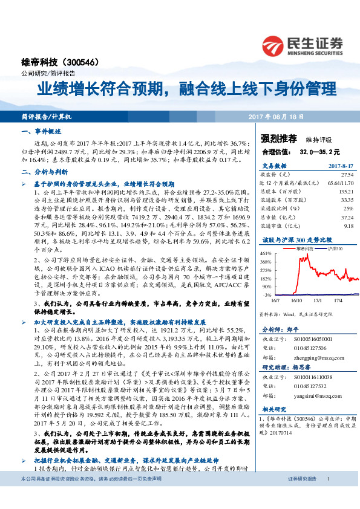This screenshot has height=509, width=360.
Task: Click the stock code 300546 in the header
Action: point(89,63)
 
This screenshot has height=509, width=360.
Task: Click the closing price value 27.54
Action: point(347,173)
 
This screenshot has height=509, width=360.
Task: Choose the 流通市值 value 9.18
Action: point(348,225)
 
